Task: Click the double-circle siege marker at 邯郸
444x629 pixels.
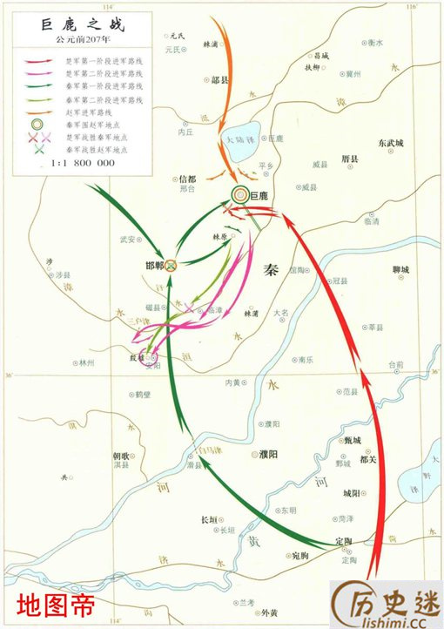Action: (172, 265)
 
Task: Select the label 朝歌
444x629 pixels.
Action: (122, 456)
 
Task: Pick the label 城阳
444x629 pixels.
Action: (351, 494)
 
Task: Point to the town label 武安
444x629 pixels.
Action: (128, 239)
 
